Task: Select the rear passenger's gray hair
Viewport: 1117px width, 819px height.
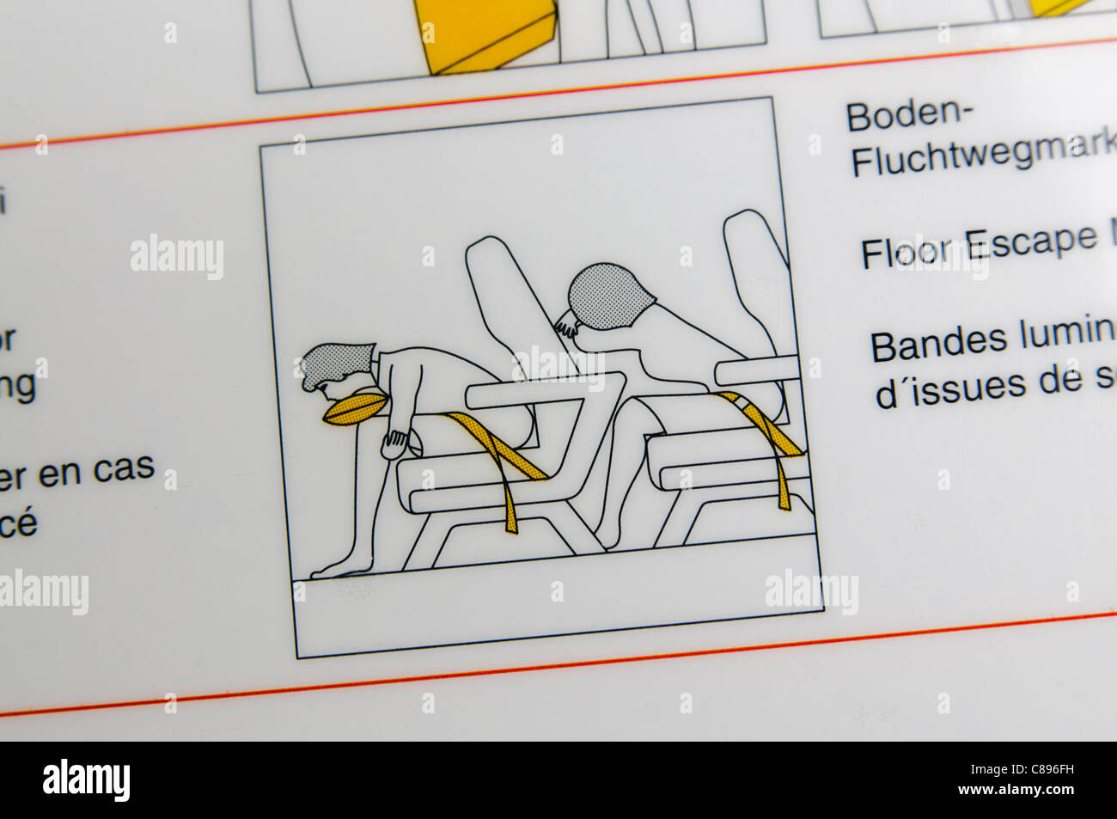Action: [607, 296]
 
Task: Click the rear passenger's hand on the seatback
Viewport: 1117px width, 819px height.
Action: [565, 327]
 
